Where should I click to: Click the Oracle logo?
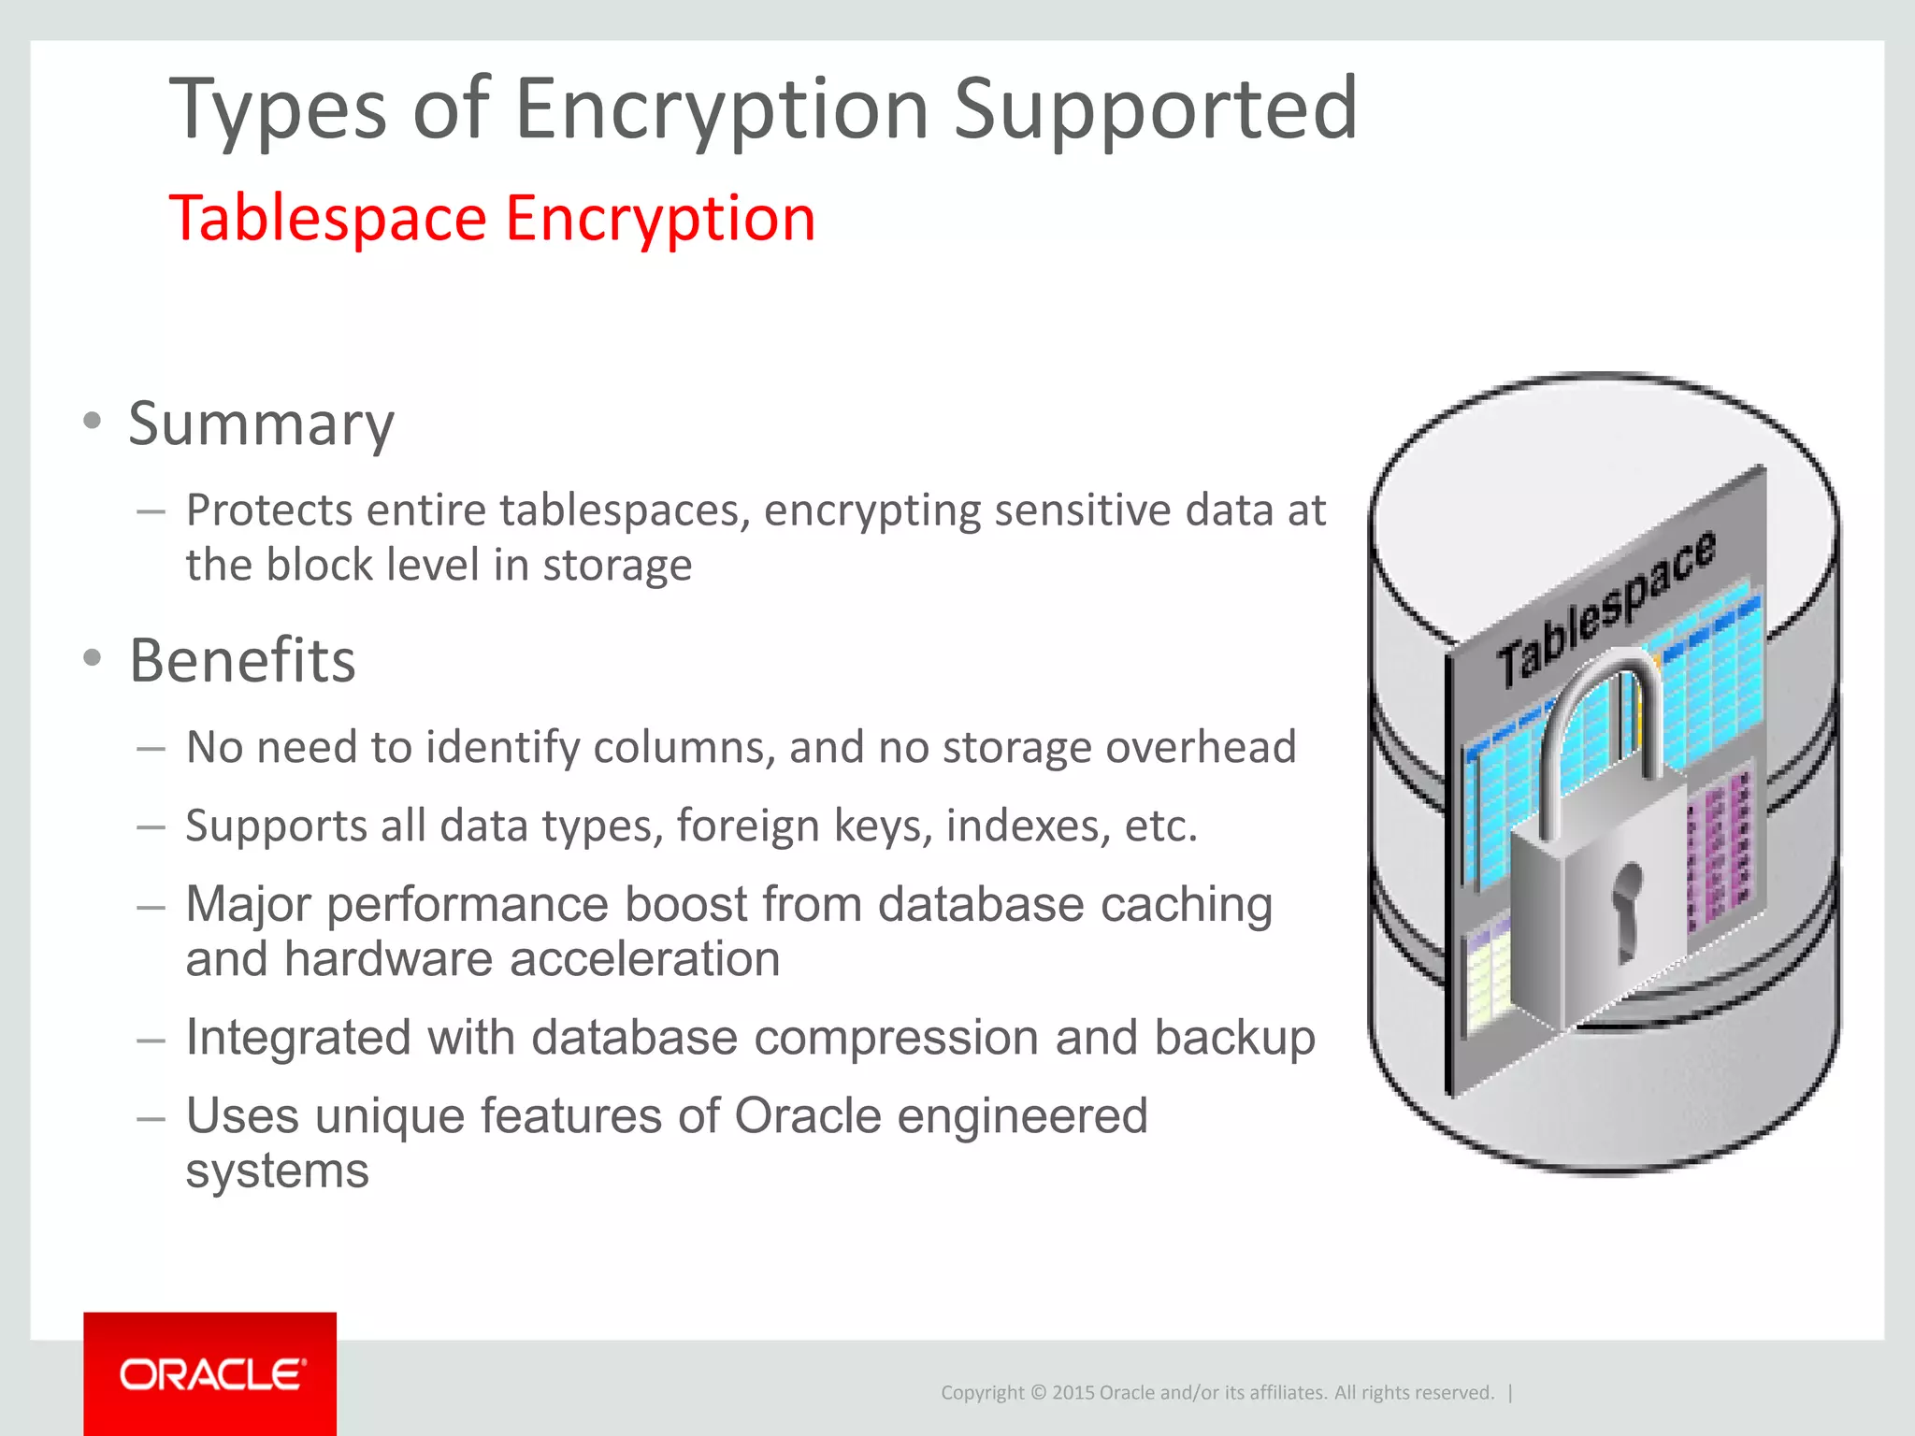211,1374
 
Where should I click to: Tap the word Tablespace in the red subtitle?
328,219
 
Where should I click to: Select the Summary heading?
261,424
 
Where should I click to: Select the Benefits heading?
242,660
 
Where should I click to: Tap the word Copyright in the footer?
982,1393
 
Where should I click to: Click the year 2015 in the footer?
1073,1393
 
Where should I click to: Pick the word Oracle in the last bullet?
807,1116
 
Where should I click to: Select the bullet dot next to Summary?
92,421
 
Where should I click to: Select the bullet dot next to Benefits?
92,657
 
